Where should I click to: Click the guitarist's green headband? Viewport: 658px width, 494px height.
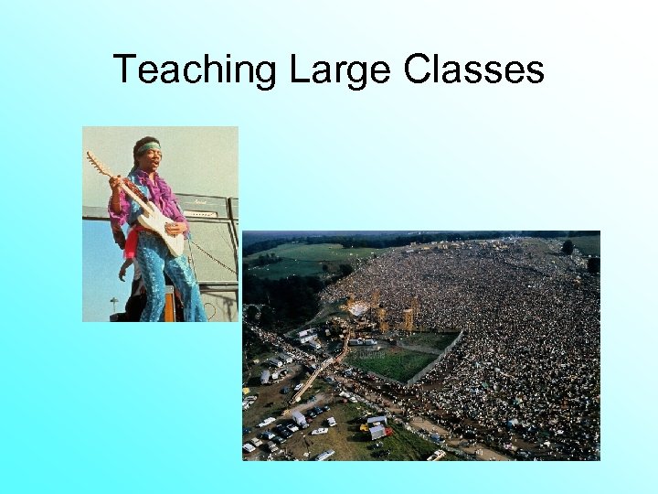pyautogui.click(x=149, y=146)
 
